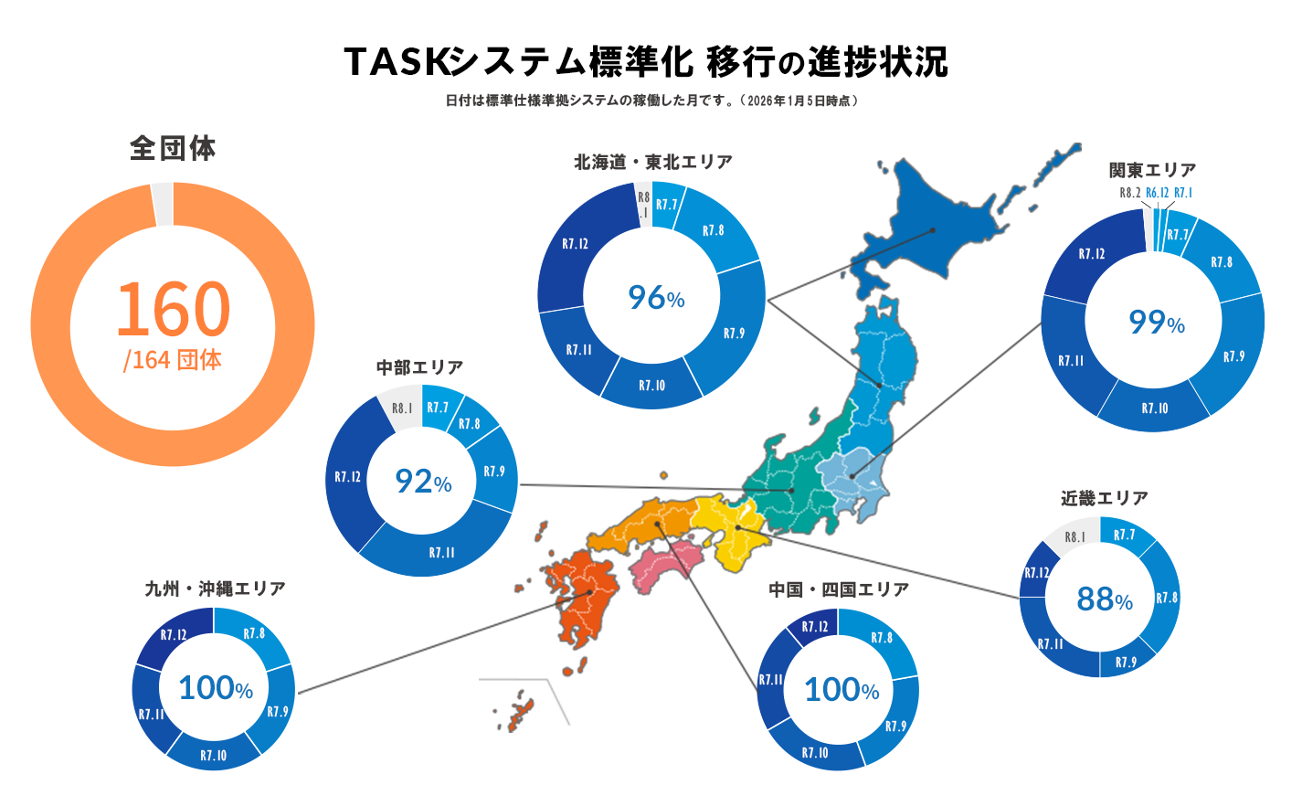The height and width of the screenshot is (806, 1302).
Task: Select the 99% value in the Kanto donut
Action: pos(1156,322)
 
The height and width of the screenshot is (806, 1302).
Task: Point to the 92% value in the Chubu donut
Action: pos(423,481)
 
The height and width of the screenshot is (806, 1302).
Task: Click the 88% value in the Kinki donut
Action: pos(1104,599)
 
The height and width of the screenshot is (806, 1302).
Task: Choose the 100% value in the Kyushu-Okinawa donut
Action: pos(215,688)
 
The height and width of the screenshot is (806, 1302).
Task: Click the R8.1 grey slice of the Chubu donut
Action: pos(401,408)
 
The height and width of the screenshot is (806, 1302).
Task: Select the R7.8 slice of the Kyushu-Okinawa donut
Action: pos(254,634)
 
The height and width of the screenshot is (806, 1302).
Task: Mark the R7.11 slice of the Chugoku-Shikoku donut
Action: pos(770,680)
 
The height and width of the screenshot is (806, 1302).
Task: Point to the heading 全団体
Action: pos(173,148)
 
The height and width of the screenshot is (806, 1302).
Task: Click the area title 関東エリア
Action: pos(1152,170)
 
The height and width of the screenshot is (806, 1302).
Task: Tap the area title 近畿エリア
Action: pos(1104,498)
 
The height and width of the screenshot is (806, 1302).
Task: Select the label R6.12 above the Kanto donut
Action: pos(1157,193)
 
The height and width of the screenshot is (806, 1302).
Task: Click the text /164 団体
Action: pos(173,360)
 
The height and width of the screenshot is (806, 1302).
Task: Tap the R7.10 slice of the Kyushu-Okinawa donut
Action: pos(213,755)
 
